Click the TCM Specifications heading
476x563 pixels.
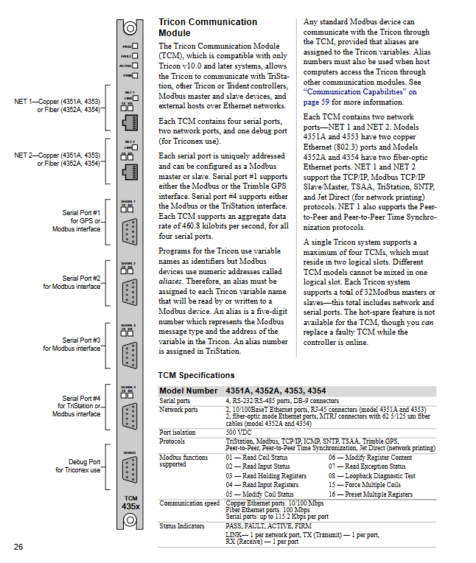pyautogui.click(x=196, y=375)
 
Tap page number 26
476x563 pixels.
pyautogui.click(x=18, y=546)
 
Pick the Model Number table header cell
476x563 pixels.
pyautogui.click(x=189, y=391)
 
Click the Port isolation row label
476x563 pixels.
pyautogui.click(x=178, y=432)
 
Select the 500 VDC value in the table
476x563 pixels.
pyautogui.click(x=239, y=432)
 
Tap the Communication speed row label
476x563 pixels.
pyautogui.click(x=188, y=503)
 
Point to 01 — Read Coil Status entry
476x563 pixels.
pyautogui.click(x=256, y=458)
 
